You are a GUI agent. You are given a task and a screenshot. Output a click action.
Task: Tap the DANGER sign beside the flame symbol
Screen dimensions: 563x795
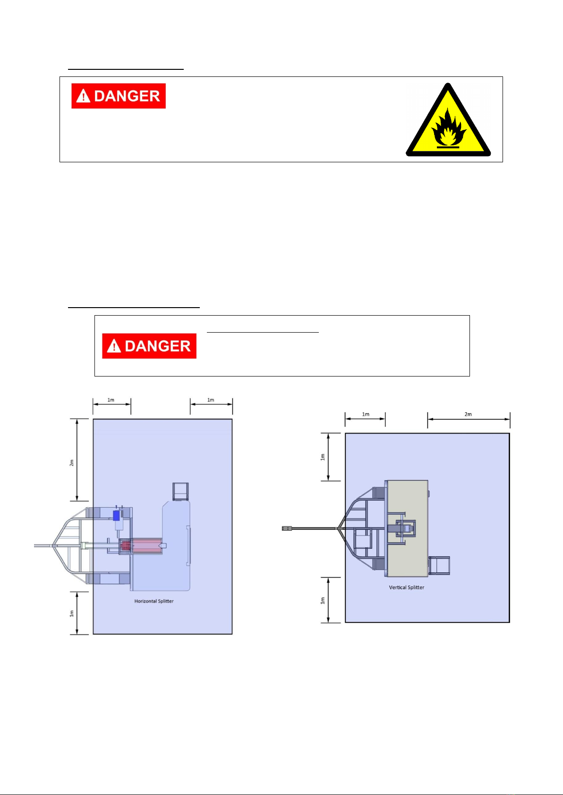tap(119, 96)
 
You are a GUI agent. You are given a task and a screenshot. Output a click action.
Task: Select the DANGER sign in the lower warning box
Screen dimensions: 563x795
tap(149, 346)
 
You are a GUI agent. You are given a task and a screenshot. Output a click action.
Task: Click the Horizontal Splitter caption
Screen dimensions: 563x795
tap(154, 601)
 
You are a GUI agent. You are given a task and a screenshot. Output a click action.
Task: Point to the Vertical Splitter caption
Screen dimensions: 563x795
tap(406, 587)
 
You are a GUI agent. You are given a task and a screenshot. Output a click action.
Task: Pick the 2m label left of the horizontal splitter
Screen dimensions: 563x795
tap(72, 462)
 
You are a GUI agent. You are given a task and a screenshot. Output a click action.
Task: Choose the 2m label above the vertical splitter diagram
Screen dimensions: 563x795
tap(468, 414)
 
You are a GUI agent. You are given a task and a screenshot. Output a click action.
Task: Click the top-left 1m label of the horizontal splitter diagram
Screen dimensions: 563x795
tap(111, 400)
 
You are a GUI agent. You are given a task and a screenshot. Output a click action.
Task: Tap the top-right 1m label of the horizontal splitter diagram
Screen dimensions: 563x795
tap(211, 400)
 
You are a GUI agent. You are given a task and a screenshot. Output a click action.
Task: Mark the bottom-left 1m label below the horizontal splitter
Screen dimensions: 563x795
tap(72, 613)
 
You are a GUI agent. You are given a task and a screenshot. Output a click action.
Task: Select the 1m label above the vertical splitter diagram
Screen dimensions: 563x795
tap(366, 414)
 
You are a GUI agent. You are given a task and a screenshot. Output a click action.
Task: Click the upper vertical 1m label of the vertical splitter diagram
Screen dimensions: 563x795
tap(323, 457)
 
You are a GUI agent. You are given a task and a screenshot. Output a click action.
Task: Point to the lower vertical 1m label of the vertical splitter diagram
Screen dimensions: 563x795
tap(323, 601)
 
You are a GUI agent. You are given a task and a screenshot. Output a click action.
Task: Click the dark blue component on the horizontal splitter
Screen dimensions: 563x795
tap(116, 515)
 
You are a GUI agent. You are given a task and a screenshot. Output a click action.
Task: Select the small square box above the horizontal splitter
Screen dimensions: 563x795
tap(180, 492)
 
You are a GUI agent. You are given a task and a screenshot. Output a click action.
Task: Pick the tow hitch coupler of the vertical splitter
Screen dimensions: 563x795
tap(287, 528)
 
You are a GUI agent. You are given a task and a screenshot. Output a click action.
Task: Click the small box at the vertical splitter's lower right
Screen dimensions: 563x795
tap(439, 565)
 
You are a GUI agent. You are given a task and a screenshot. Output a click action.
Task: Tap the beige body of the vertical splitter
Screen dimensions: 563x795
tap(407, 528)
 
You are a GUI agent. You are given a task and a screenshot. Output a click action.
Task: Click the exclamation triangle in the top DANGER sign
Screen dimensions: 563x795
tap(83, 96)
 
